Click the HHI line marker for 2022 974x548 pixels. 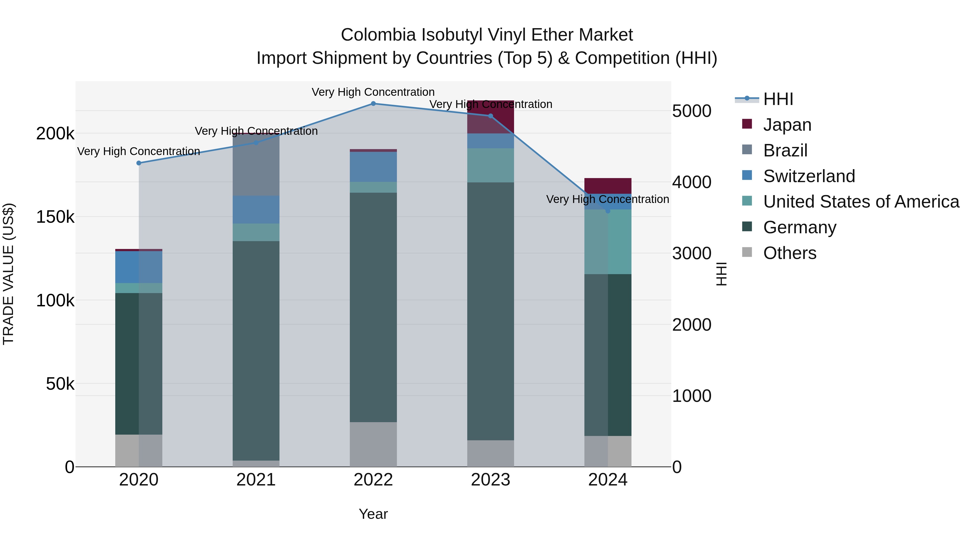[x=373, y=104]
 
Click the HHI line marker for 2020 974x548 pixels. [x=139, y=163]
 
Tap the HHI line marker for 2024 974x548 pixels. [x=608, y=211]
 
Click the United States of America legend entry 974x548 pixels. [x=861, y=202]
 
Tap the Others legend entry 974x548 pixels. [x=789, y=253]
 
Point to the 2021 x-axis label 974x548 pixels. [x=256, y=480]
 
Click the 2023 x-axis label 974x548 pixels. [x=491, y=480]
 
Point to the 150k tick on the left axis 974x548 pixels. [x=55, y=217]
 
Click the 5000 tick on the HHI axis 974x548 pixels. [x=692, y=111]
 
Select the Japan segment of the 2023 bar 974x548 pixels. [x=491, y=117]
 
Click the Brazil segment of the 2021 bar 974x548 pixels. [x=256, y=165]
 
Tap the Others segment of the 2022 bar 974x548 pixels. [x=373, y=444]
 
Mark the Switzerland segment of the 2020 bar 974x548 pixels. [x=139, y=267]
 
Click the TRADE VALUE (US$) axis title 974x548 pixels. [x=8, y=274]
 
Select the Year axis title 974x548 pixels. [x=373, y=514]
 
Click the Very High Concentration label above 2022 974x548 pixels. [x=373, y=92]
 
